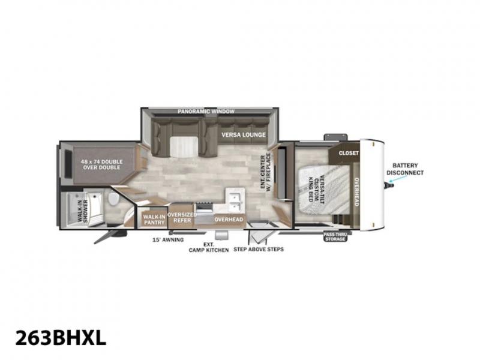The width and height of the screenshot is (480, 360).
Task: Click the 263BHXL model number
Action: point(61,338)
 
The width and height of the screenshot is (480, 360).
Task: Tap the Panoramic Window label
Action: point(206,112)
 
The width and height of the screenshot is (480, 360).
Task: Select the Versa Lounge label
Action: point(244,134)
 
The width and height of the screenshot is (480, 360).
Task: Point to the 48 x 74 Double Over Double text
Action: point(101,164)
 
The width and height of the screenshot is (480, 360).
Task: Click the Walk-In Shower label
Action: point(82,211)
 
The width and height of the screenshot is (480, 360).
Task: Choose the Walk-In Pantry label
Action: point(154,220)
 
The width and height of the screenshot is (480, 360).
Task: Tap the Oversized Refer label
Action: point(182,217)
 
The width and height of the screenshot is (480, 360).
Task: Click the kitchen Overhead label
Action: point(229,220)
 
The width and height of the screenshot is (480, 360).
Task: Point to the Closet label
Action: point(349,153)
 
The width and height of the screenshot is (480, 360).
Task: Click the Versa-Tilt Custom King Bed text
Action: point(316,188)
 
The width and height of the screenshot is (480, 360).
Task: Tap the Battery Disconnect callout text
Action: point(405,169)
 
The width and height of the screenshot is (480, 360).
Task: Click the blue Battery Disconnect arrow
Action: point(390,184)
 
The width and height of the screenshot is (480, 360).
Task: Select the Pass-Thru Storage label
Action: point(335,236)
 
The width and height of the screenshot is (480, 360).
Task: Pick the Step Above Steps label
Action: point(259,249)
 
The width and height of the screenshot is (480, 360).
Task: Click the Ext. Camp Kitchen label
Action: point(209,247)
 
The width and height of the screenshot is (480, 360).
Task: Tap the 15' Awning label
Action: point(168,239)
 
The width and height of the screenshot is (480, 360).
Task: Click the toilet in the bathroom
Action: point(113,199)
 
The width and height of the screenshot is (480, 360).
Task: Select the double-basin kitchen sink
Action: point(235,200)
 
